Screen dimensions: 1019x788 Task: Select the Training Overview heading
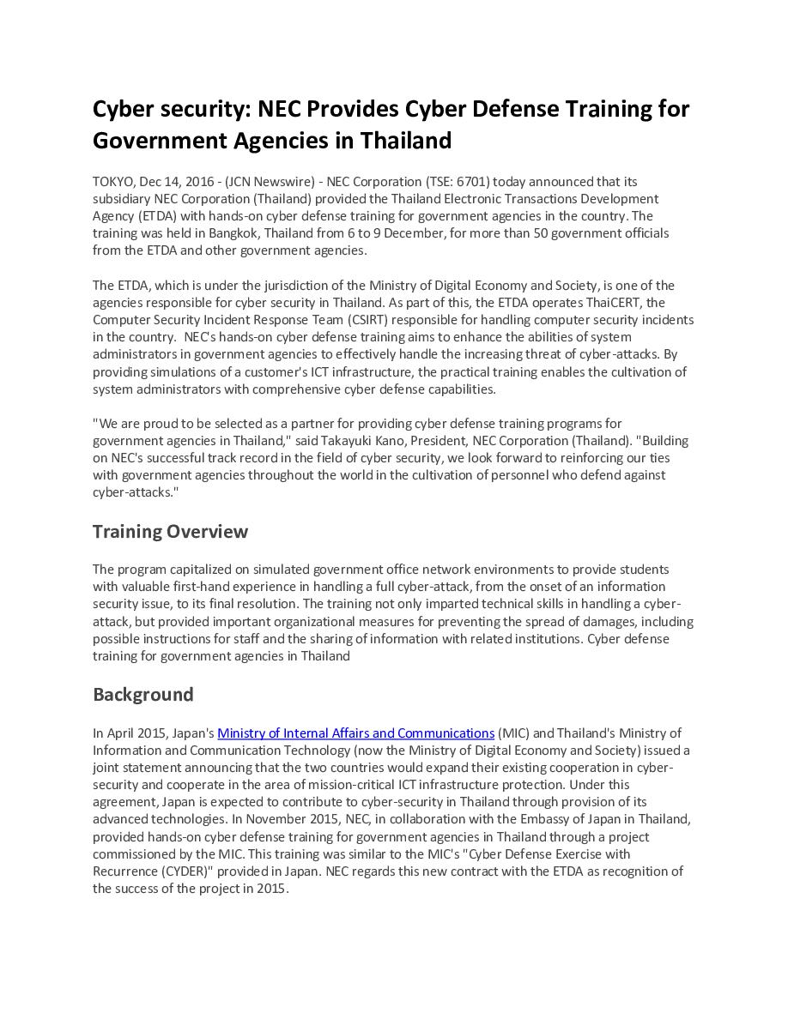click(x=170, y=532)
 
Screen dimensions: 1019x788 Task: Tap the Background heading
click(x=142, y=694)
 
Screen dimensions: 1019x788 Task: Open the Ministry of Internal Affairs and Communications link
click(x=355, y=733)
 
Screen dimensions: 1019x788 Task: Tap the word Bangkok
click(x=234, y=233)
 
